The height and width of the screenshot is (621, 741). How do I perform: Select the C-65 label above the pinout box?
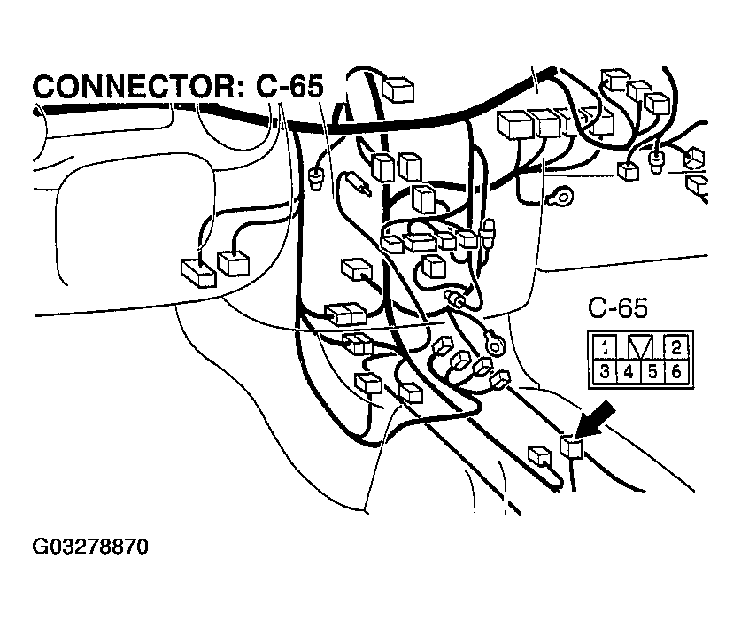click(x=618, y=308)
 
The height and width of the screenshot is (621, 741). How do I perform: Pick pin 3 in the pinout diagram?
click(x=605, y=371)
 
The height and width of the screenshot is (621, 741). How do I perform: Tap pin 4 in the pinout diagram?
click(x=628, y=371)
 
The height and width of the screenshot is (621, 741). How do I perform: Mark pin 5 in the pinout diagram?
click(x=652, y=371)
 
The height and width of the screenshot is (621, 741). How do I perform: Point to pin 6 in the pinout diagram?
click(x=675, y=371)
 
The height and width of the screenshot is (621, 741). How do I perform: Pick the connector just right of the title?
click(x=400, y=89)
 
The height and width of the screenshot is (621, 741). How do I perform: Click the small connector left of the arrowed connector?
click(x=539, y=455)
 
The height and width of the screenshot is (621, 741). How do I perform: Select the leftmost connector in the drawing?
click(x=197, y=270)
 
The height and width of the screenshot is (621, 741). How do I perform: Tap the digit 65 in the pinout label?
click(x=632, y=308)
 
